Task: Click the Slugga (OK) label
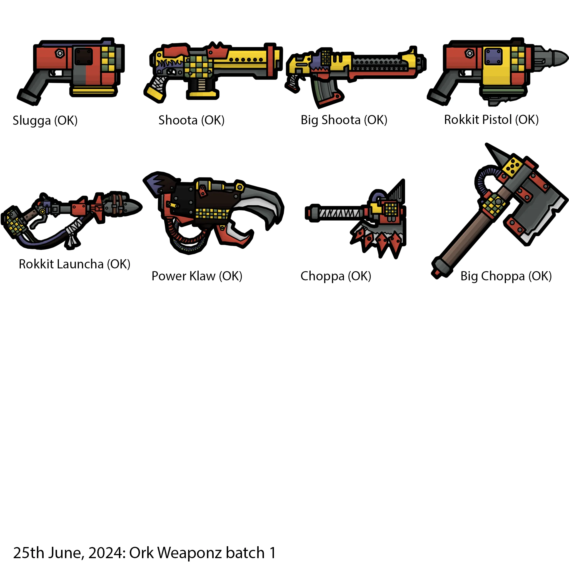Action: point(45,121)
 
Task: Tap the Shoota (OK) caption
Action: point(191,120)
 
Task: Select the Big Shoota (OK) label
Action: point(344,120)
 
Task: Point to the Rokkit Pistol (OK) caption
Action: point(491,119)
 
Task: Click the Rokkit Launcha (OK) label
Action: point(74,264)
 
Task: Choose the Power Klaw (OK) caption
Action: point(197,276)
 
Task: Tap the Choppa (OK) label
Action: point(336,276)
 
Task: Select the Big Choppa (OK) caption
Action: point(506,276)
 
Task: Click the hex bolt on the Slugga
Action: point(60,54)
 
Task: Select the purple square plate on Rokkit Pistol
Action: point(493,56)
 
